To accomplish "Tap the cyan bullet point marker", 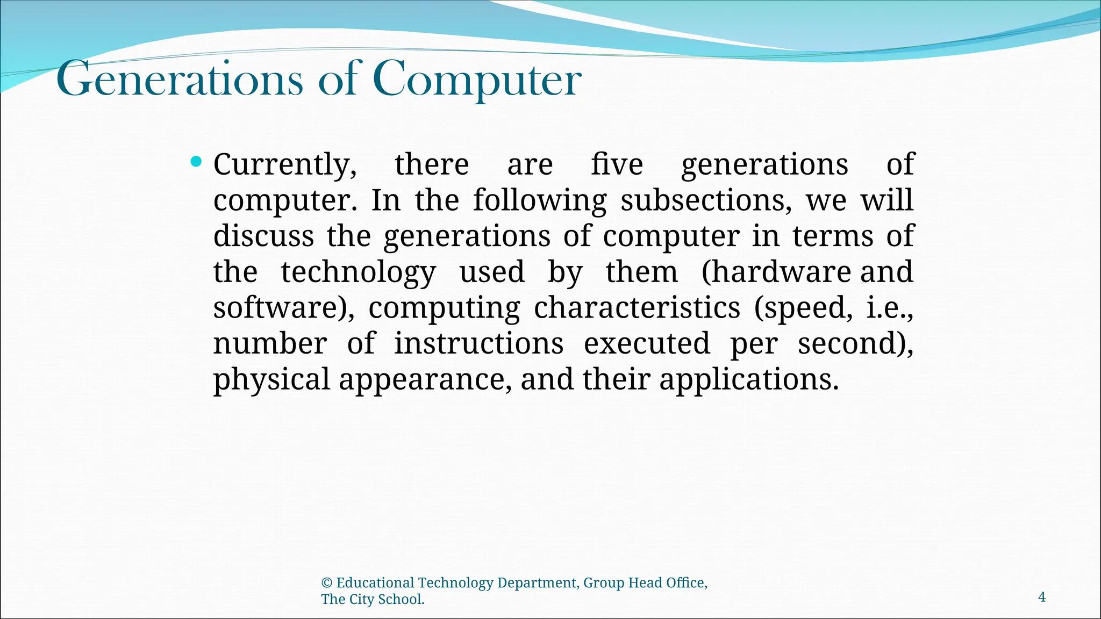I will tap(196, 161).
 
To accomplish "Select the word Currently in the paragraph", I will tap(284, 164).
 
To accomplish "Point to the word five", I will tap(617, 164).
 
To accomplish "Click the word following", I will tap(539, 200).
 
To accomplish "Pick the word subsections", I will tap(706, 200).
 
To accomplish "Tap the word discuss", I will tap(263, 236).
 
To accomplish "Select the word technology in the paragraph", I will tap(358, 272).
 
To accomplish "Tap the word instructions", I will tap(479, 343).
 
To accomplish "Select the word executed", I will tap(647, 343).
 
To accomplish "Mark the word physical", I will tap(271, 379).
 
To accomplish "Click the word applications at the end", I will tap(748, 379).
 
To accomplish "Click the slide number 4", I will tap(1041, 597).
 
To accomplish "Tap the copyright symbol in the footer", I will tap(326, 583).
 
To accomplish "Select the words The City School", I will tap(373, 600).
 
